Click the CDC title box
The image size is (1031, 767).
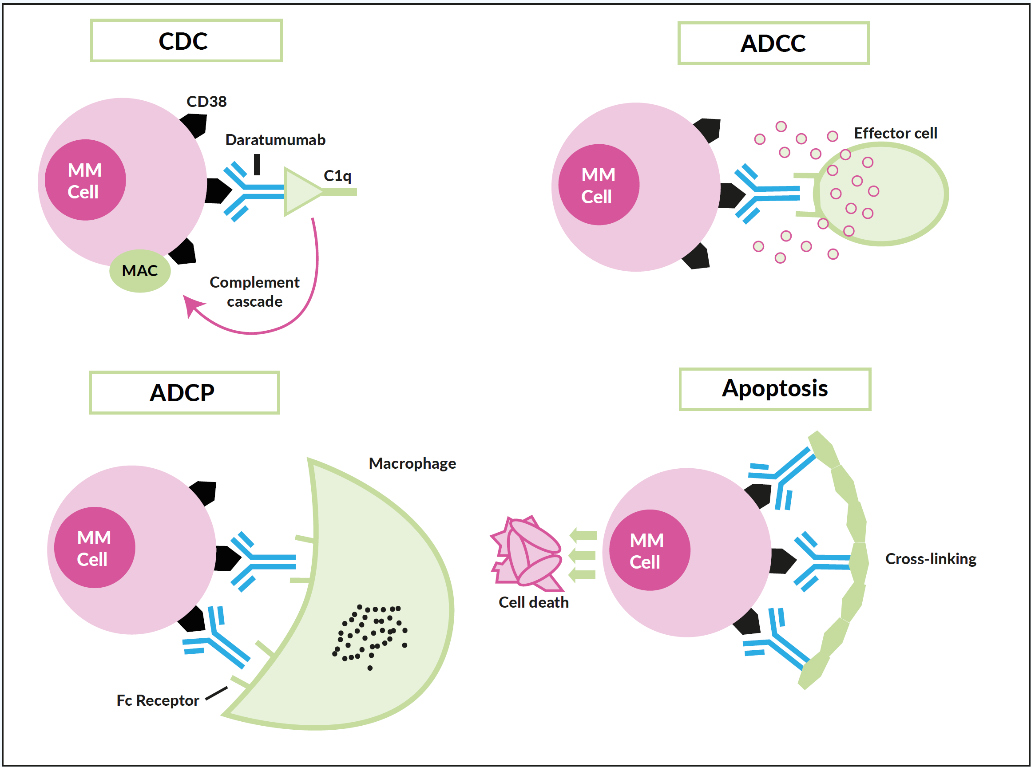pyautogui.click(x=186, y=40)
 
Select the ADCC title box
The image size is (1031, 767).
pyautogui.click(x=773, y=43)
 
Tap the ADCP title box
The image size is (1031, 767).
pyautogui.click(x=184, y=392)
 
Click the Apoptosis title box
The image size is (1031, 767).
pyautogui.click(x=775, y=389)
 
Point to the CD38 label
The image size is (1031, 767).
pyautogui.click(x=206, y=102)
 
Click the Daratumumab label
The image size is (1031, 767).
pyautogui.click(x=275, y=140)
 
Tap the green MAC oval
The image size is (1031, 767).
pyautogui.click(x=140, y=271)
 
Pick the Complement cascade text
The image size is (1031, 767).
pyautogui.click(x=254, y=292)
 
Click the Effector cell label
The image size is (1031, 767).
pyautogui.click(x=895, y=133)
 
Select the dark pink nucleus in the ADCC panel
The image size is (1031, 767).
pyautogui.click(x=598, y=185)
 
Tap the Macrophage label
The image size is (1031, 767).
pyautogui.click(x=412, y=463)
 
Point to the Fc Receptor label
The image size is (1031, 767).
pyautogui.click(x=158, y=700)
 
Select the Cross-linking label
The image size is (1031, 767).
pyautogui.click(x=930, y=558)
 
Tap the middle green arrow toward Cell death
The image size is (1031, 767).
pyautogui.click(x=583, y=555)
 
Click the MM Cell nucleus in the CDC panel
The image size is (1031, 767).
pyautogui.click(x=85, y=180)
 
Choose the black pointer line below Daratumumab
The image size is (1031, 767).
pyautogui.click(x=257, y=164)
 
